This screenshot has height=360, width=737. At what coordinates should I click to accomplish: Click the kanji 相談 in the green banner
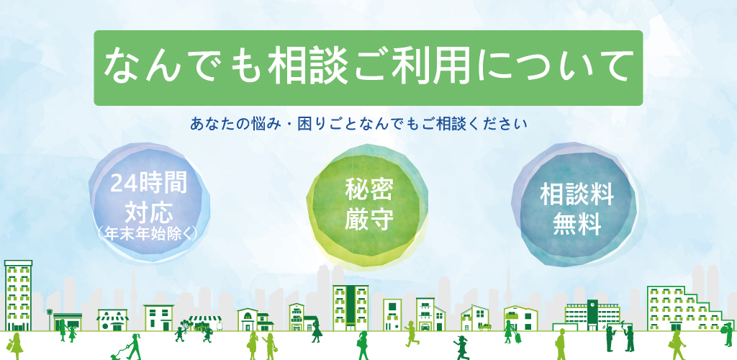[x=308, y=67]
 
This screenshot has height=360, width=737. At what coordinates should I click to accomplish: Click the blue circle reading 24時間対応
[x=149, y=203]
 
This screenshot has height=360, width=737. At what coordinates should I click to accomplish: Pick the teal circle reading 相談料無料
[x=574, y=204]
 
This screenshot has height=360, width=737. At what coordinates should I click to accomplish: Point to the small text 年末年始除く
[x=148, y=233]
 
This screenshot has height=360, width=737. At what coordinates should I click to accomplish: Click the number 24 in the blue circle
[x=121, y=184]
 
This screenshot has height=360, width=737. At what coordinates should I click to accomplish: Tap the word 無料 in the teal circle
[x=577, y=224]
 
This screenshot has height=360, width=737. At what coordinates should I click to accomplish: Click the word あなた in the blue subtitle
[x=209, y=125]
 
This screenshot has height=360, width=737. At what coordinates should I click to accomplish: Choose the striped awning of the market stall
[x=205, y=319]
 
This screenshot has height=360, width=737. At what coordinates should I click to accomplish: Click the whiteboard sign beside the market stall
[x=219, y=325]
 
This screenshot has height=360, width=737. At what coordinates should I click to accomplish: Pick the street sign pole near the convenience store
[x=50, y=319]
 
